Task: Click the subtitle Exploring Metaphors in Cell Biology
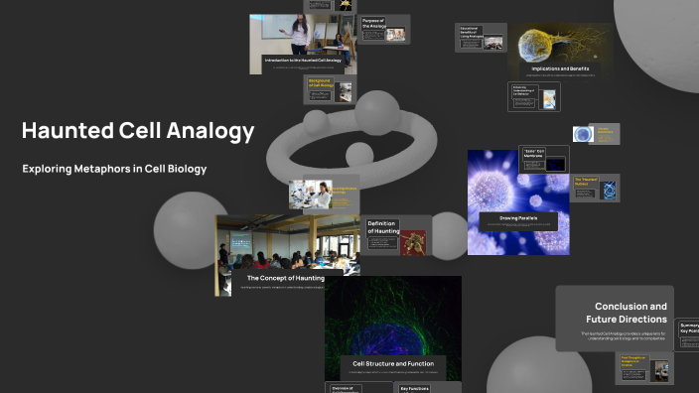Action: point(114,169)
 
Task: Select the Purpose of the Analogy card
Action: point(383,29)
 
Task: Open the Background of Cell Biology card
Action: point(329,90)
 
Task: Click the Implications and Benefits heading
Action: point(553,69)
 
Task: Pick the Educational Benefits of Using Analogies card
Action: point(481,37)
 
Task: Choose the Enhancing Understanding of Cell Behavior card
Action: point(534,96)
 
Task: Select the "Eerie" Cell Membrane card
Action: point(543,157)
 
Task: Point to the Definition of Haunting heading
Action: point(383,227)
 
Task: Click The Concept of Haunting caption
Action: point(285,279)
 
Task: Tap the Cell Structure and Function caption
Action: point(393,363)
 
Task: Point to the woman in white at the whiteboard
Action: point(297,36)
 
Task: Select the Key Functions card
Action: point(414,388)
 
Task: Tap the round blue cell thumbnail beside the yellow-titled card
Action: point(583,134)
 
